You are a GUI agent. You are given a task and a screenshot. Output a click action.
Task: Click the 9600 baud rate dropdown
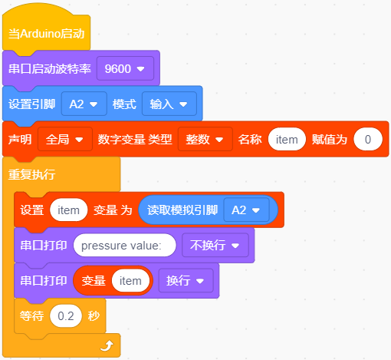click(x=125, y=68)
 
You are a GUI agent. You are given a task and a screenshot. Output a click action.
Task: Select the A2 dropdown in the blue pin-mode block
click(x=84, y=104)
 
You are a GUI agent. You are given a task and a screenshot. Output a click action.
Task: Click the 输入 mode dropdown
click(x=169, y=104)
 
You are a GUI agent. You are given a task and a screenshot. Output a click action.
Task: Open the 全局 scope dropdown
click(x=65, y=139)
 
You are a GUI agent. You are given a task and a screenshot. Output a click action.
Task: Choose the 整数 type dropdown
click(x=205, y=139)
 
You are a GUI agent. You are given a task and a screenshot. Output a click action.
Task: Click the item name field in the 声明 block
click(x=287, y=139)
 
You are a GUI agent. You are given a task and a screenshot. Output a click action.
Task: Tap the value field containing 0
click(x=368, y=139)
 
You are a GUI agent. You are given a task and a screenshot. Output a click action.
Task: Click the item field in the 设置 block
click(x=69, y=210)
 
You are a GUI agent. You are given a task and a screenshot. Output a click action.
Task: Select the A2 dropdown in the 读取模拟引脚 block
click(x=246, y=210)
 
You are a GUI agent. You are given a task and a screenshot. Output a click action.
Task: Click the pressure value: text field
click(x=125, y=245)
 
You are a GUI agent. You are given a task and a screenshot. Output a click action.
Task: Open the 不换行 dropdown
click(x=215, y=245)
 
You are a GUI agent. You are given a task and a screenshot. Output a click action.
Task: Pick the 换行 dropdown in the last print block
click(x=186, y=280)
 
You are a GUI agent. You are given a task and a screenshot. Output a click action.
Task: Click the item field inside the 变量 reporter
click(x=130, y=281)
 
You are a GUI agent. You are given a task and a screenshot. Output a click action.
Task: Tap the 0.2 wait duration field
click(x=66, y=315)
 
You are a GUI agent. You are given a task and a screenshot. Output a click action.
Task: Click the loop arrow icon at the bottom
click(x=107, y=345)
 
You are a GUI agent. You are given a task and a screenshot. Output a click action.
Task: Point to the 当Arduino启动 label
click(x=46, y=34)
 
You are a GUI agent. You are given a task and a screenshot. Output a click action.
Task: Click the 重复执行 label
click(x=31, y=174)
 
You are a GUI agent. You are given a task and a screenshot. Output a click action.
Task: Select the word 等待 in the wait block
click(x=31, y=315)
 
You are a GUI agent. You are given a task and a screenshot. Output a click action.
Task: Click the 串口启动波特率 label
click(x=50, y=68)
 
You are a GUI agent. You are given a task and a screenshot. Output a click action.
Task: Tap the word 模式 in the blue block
click(x=124, y=104)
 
